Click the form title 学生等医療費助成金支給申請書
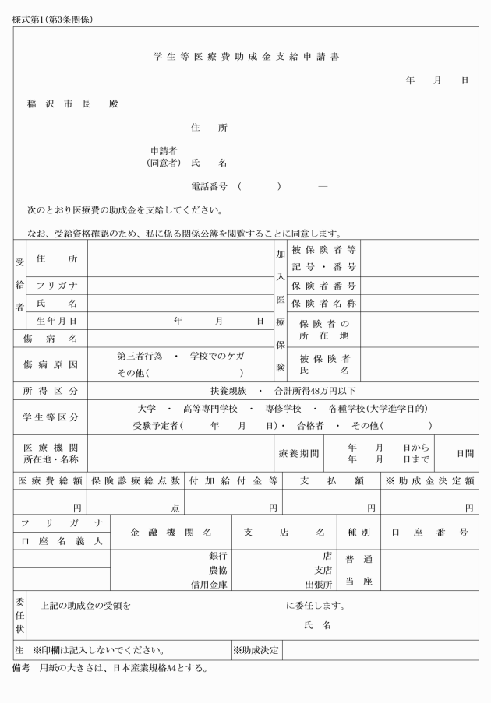click(x=245, y=57)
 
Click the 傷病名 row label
click(x=51, y=339)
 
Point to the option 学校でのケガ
click(x=217, y=356)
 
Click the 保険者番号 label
click(x=323, y=286)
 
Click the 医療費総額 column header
click(x=51, y=481)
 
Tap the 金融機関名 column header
click(x=171, y=533)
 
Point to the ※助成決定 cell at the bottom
click(x=257, y=649)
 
